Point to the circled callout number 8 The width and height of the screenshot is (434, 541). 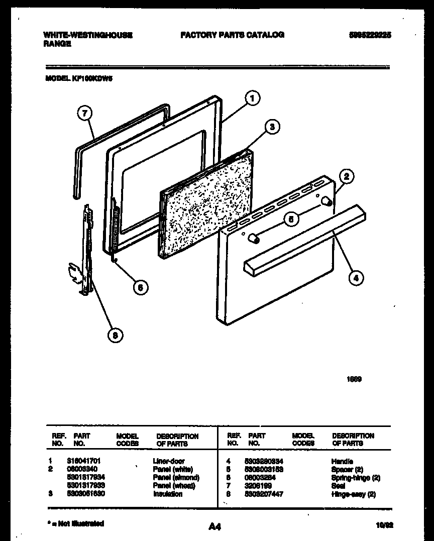coord(115,336)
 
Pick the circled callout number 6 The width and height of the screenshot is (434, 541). coord(141,287)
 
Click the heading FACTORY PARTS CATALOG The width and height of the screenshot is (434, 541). coord(232,35)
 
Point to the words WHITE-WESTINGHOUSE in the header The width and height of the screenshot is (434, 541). coord(88,35)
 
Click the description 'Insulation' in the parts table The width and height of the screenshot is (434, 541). coord(168,494)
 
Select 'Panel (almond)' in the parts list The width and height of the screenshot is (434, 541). coord(176,478)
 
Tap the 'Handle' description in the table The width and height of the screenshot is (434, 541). coord(342,461)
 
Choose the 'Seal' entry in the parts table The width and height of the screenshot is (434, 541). coord(338,486)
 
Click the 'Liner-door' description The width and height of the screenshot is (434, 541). coord(168,461)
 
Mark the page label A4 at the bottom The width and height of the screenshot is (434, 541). coord(214,526)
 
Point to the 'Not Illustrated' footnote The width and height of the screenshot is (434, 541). coord(76,524)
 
